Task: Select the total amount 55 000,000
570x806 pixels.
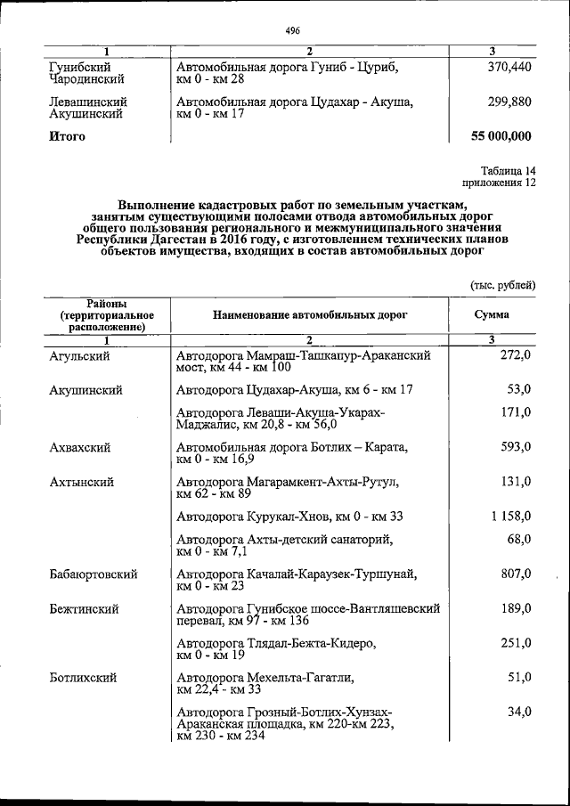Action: coord(501,136)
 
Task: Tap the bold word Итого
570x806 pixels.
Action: coord(68,136)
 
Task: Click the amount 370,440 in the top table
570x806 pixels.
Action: coord(509,68)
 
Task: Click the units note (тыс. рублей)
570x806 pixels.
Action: coord(502,285)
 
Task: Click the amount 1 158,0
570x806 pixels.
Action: coord(509,517)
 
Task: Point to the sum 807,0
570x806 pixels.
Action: coord(516,574)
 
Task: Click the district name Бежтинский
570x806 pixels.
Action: coord(85,609)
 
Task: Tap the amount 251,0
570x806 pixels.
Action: coord(516,643)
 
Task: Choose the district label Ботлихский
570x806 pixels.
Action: coord(84,678)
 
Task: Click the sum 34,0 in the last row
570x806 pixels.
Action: coord(519,712)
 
